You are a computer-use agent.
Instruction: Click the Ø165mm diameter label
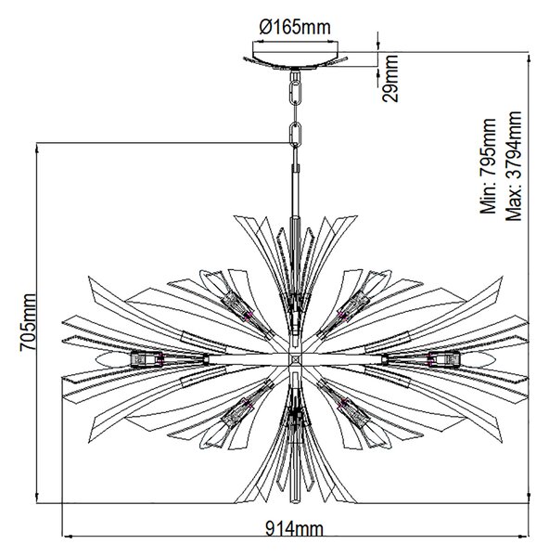(295, 27)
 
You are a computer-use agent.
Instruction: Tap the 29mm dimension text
(390, 79)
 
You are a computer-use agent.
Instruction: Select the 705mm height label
(28, 322)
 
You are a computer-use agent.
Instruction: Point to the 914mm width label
(295, 530)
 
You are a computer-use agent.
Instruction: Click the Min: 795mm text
(488, 166)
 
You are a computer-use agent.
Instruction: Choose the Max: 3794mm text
(514, 166)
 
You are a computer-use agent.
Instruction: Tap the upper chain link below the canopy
(295, 93)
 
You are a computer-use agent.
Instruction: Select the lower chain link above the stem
(295, 134)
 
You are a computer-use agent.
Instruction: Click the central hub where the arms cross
(295, 359)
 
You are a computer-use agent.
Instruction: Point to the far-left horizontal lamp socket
(147, 358)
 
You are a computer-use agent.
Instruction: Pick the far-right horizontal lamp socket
(443, 358)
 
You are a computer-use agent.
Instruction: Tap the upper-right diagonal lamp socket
(353, 304)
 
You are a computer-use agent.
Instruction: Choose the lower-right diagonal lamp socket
(353, 413)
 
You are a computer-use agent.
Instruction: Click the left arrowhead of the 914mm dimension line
(68, 537)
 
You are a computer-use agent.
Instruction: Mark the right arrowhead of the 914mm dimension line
(524, 537)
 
